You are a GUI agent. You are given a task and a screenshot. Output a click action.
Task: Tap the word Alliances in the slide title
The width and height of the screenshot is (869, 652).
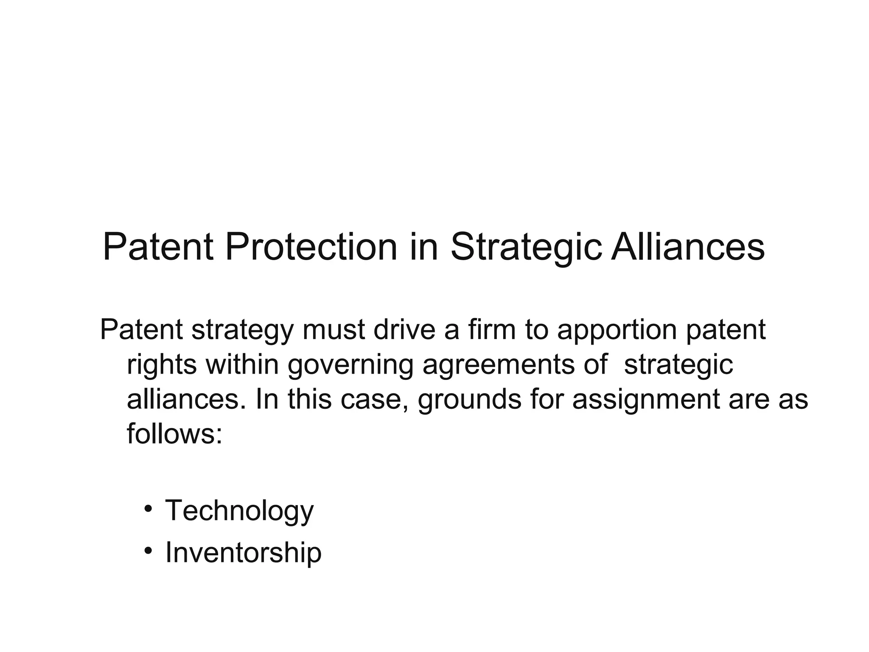pyautogui.click(x=688, y=247)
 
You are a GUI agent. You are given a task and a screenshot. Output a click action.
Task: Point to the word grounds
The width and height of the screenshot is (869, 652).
pyautogui.click(x=469, y=401)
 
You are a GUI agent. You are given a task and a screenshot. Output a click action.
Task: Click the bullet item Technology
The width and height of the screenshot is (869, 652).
pyautogui.click(x=239, y=511)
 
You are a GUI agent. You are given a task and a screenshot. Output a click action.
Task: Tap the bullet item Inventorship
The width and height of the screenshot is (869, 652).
pyautogui.click(x=243, y=553)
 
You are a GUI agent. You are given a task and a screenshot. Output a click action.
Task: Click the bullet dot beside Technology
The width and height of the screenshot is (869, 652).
pyautogui.click(x=148, y=509)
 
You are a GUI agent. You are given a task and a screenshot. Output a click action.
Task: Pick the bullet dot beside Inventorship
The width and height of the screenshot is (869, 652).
pyautogui.click(x=148, y=551)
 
